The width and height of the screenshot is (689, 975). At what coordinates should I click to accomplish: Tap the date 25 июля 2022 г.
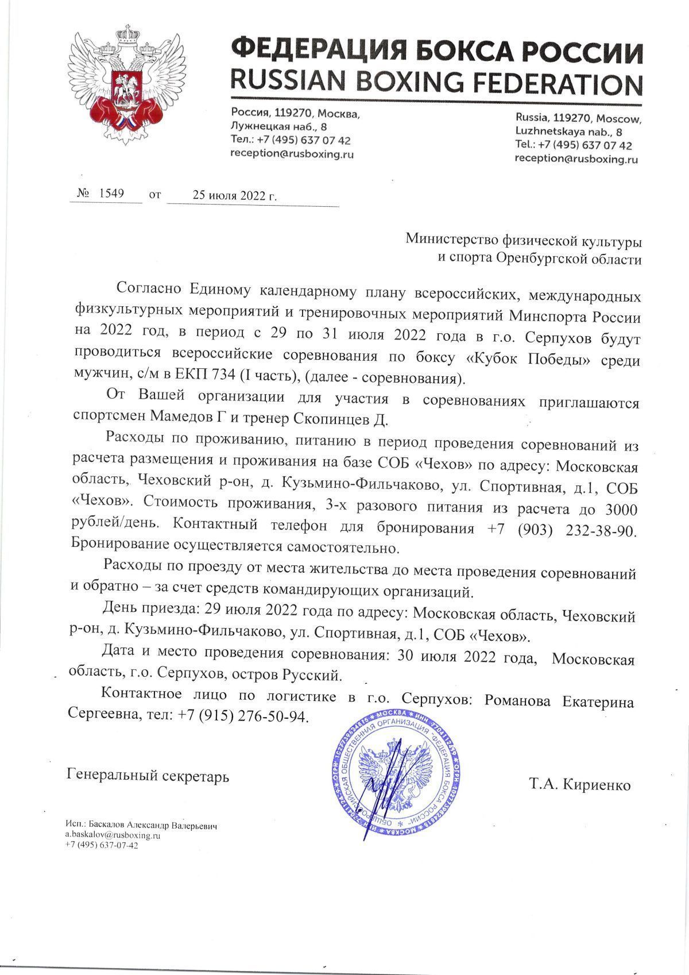235,195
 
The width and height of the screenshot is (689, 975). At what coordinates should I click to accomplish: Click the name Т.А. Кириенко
580,785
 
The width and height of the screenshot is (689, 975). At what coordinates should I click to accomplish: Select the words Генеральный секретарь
148,777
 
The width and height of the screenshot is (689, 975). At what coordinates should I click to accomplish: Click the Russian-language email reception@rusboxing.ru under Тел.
292,154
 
